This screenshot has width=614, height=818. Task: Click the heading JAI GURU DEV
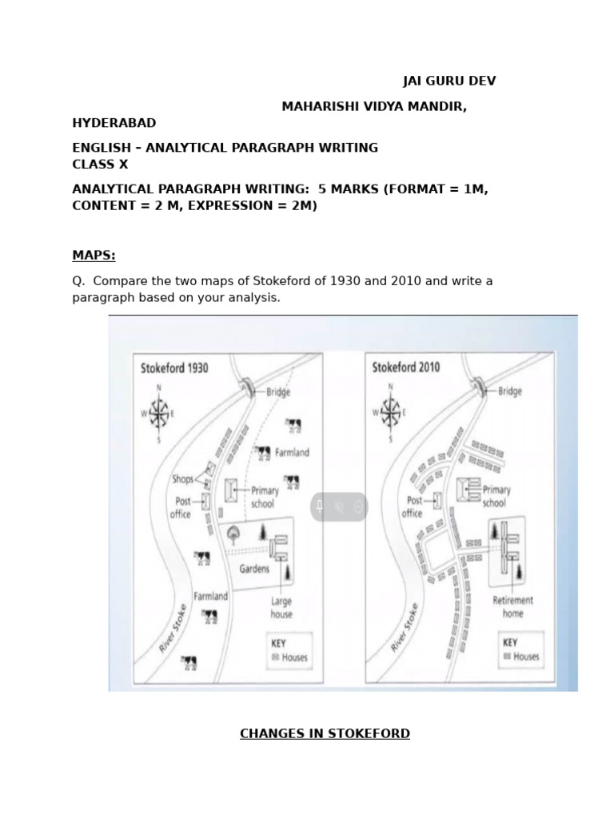[449, 81]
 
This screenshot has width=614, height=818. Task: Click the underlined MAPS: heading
[94, 256]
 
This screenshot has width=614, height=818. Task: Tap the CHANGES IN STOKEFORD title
[325, 733]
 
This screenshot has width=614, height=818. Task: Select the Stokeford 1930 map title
[174, 368]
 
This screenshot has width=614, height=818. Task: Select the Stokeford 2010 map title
[406, 368]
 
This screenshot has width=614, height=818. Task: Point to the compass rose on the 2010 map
[391, 412]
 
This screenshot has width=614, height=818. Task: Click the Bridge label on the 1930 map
[277, 392]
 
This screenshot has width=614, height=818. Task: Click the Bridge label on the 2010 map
[509, 391]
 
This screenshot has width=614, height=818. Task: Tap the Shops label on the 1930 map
[182, 479]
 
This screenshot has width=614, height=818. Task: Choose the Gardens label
[254, 569]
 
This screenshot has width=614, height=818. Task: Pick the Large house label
[281, 607]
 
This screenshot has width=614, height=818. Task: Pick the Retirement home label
[512, 606]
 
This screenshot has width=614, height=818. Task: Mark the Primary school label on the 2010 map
[496, 496]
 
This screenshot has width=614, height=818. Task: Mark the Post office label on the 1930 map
[181, 507]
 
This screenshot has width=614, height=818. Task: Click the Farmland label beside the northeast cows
[292, 452]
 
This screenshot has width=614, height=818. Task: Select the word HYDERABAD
[114, 123]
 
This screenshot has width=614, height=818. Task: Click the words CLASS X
[100, 165]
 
